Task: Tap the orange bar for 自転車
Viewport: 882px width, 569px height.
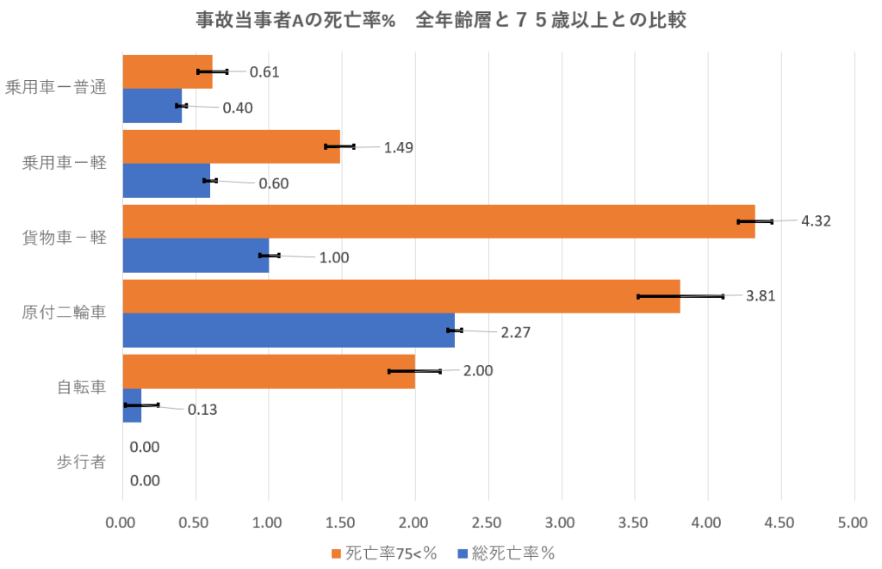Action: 268,371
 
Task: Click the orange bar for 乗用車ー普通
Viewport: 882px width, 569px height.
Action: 167,71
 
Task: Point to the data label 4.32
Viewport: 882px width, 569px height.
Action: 816,220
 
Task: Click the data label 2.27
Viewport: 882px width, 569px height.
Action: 515,333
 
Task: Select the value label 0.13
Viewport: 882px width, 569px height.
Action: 202,409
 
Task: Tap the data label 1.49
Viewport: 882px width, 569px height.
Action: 399,147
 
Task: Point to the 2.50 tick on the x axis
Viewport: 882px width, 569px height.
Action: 488,523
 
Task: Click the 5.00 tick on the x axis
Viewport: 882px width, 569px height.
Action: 854,523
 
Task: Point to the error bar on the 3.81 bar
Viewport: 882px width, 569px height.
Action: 680,296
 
